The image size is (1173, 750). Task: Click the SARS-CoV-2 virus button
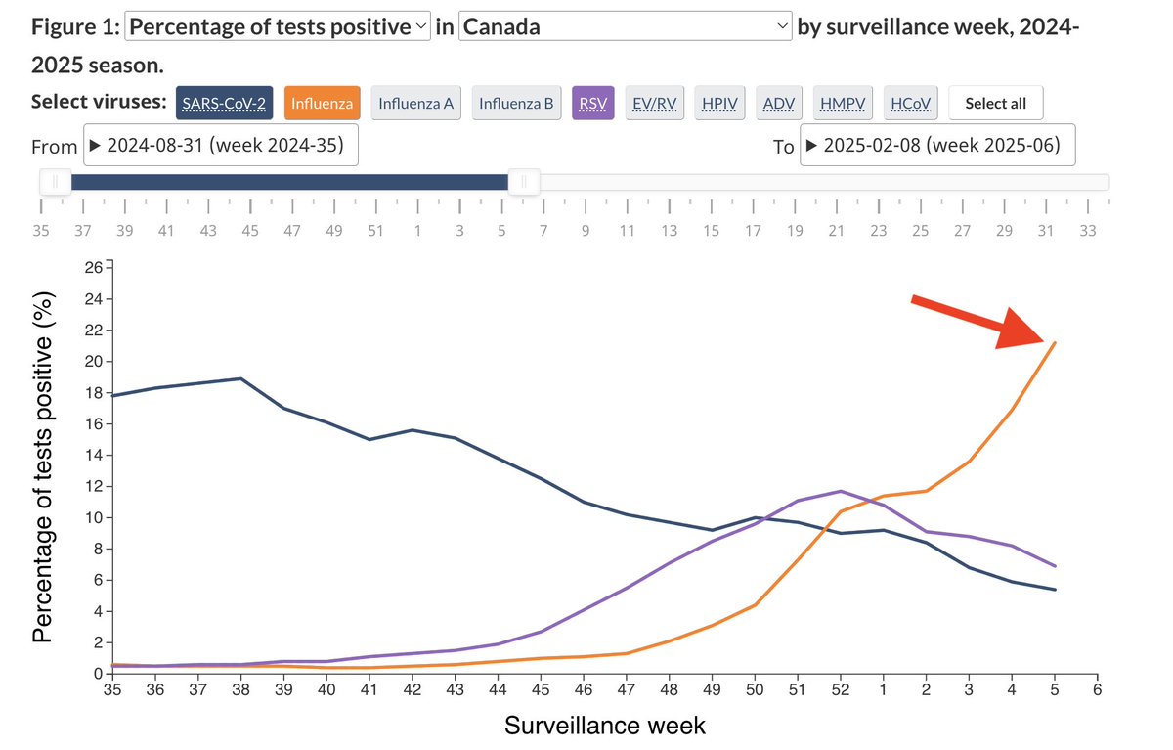tap(224, 103)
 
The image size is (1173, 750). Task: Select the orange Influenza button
tap(323, 103)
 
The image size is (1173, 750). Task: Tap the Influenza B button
tap(516, 103)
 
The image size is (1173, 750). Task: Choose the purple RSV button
tap(591, 103)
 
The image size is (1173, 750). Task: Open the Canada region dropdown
tap(626, 26)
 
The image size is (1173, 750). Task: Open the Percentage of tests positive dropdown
tap(279, 26)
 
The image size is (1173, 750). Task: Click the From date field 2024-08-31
tap(221, 146)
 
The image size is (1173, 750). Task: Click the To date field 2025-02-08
tap(937, 146)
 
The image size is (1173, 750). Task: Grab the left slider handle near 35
tap(55, 182)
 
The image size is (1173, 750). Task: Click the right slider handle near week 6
tap(525, 182)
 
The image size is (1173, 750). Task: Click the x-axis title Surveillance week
tap(604, 726)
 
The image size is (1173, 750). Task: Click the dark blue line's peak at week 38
tap(240, 378)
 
